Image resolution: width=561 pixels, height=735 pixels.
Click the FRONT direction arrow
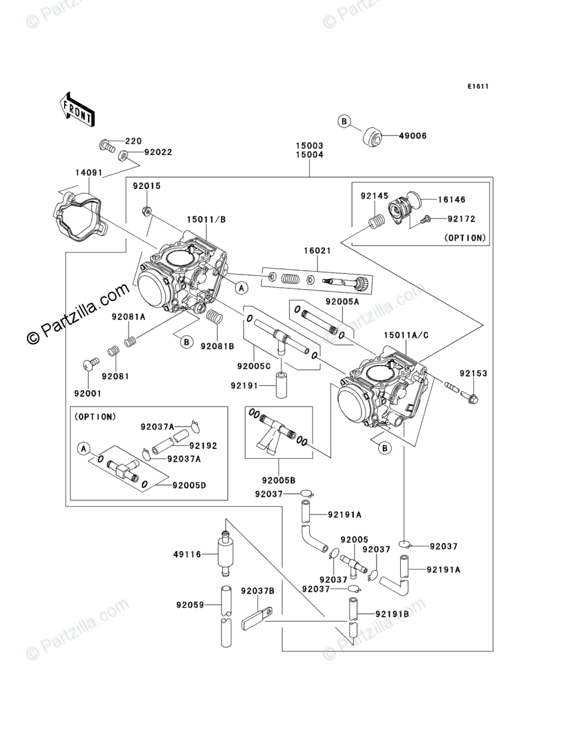(77, 109)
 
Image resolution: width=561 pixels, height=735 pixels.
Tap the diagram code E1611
(478, 86)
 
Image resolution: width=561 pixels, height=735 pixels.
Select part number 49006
(412, 136)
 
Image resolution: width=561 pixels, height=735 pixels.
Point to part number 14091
(89, 173)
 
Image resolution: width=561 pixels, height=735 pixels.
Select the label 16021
(317, 251)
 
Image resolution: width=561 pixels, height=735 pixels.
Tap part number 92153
(473, 374)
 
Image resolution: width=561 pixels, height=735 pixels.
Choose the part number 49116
(187, 555)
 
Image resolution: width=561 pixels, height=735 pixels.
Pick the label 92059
(190, 605)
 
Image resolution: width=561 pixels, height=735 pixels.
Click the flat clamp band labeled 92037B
(257, 618)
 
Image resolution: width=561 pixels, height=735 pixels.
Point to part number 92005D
(189, 486)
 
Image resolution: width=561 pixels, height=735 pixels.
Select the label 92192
(203, 446)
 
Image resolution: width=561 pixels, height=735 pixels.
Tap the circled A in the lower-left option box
(84, 449)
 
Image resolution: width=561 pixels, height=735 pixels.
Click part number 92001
(88, 394)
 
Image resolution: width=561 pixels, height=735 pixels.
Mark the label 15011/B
(206, 219)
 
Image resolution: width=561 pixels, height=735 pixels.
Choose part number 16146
(452, 200)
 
